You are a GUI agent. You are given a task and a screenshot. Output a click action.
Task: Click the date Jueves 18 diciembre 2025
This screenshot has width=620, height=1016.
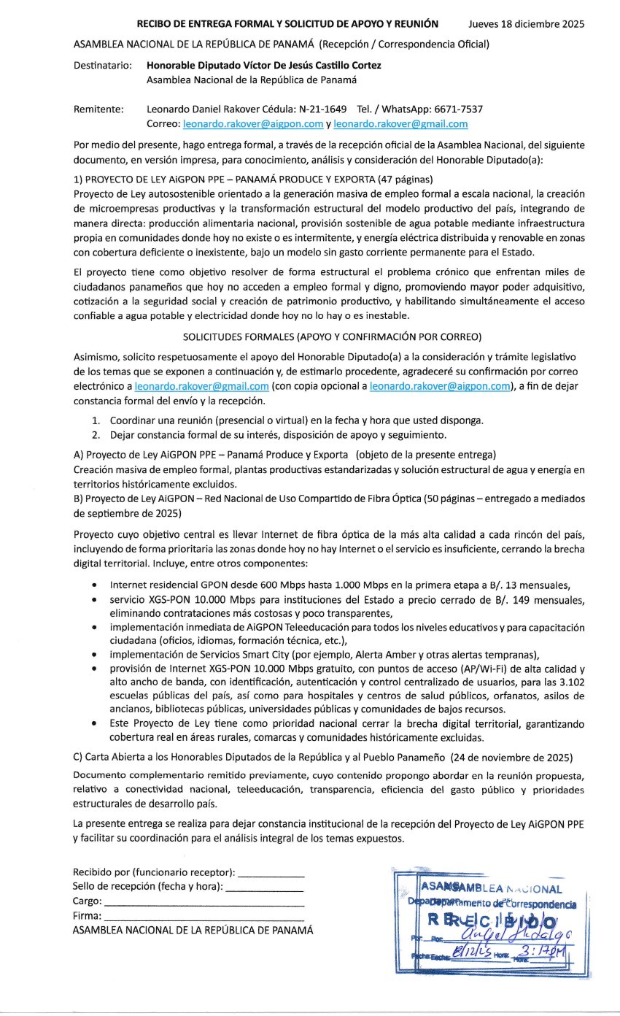click(526, 24)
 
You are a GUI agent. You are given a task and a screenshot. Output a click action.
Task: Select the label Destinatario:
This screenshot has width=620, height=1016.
click(102, 65)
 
